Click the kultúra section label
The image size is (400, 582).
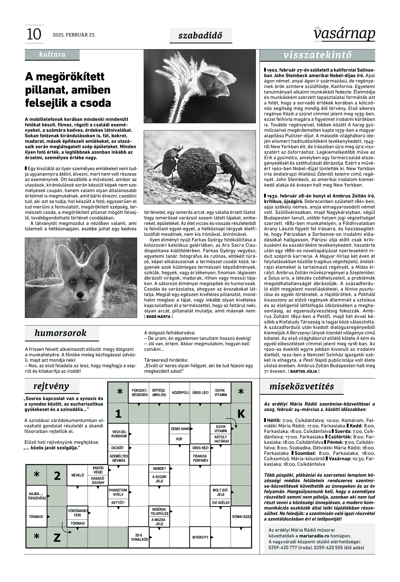[x=52, y=54]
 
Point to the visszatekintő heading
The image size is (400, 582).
[x=317, y=55]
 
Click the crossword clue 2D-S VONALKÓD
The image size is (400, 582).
[x=139, y=537]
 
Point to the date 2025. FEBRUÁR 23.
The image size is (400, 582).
[x=74, y=35]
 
